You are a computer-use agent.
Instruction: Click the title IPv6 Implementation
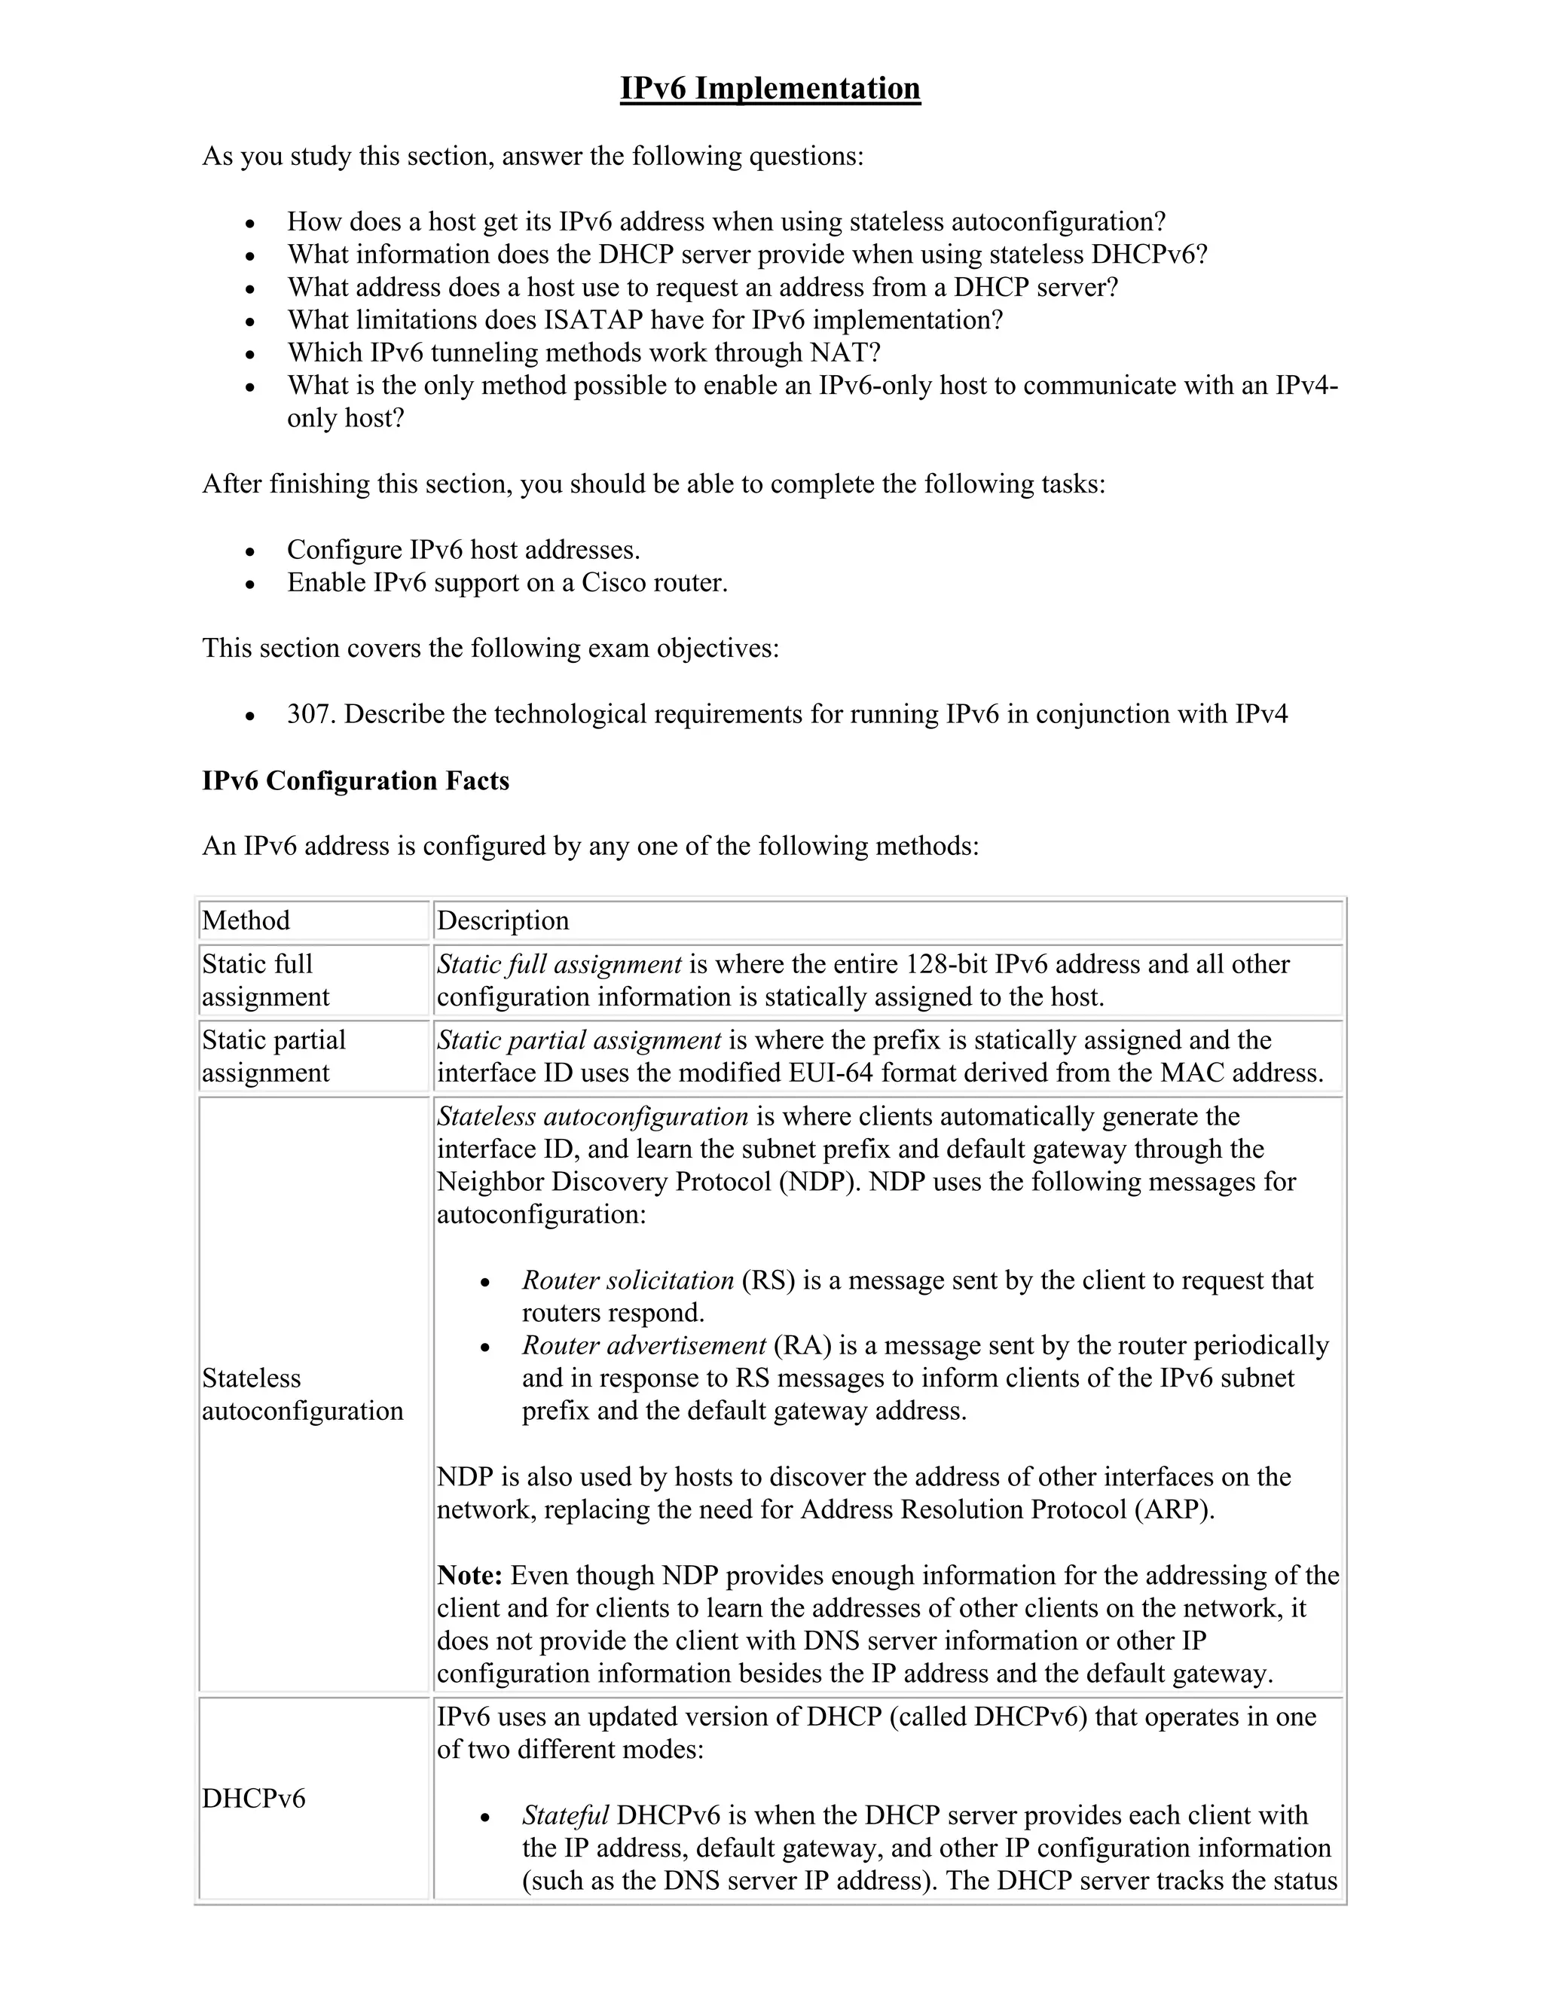[x=770, y=89]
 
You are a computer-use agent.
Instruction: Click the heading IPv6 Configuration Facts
[x=356, y=780]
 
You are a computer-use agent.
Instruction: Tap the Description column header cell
[x=503, y=920]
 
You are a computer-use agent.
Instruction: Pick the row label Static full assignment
[x=265, y=980]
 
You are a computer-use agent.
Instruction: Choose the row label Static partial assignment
[x=273, y=1055]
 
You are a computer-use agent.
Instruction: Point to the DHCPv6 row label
[x=253, y=1799]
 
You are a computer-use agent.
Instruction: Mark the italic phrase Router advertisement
[x=643, y=1345]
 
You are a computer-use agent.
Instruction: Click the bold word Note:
[x=470, y=1576]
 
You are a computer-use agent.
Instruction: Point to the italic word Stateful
[x=565, y=1815]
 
